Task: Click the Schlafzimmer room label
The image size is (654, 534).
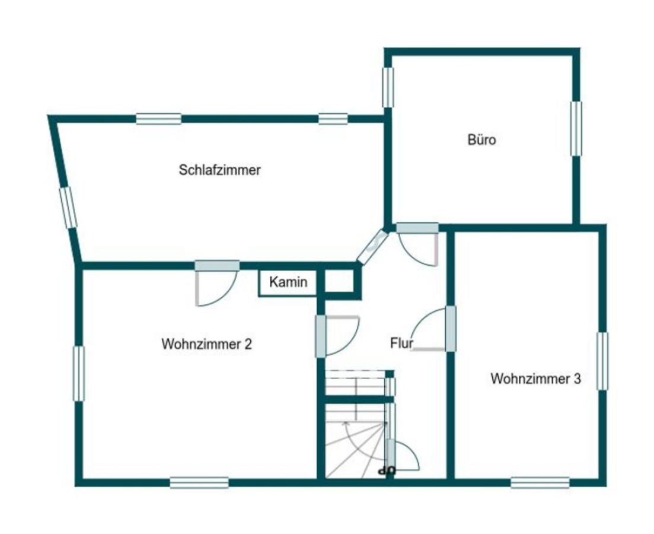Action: pos(220,170)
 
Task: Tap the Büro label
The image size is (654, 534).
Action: pos(481,139)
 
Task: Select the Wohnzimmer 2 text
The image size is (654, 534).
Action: pos(207,344)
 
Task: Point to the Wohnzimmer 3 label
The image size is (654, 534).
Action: pos(535,379)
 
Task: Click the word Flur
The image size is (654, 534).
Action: pos(401,343)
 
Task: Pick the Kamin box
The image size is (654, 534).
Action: pos(288,282)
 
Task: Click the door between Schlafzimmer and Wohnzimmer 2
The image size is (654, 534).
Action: pos(217,284)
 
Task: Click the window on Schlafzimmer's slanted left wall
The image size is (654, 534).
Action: pos(68,208)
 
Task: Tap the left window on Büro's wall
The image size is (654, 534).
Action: pos(388,87)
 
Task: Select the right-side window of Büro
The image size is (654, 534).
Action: pos(576,129)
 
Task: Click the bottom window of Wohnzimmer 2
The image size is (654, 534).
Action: pos(199,482)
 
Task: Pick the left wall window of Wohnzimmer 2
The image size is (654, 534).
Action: pos(79,374)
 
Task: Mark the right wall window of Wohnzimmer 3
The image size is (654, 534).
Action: pos(602,361)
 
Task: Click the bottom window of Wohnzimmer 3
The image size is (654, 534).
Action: pos(540,482)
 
